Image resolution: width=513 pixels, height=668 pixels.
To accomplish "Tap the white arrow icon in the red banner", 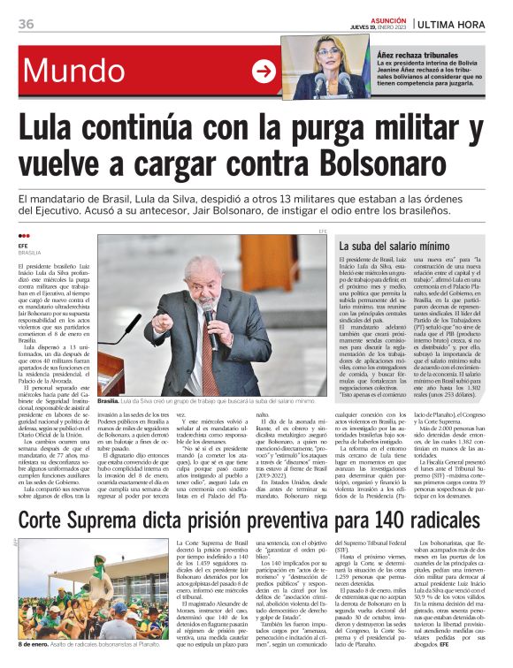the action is pyautogui.click(x=264, y=71).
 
